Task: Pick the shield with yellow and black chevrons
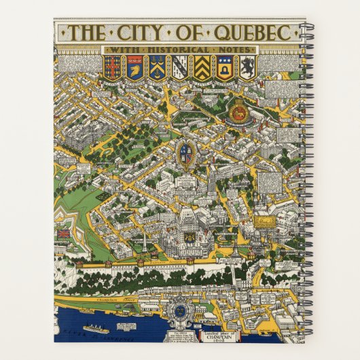click(202, 67)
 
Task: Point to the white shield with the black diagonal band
click(179, 67)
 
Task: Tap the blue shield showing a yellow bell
click(224, 67)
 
